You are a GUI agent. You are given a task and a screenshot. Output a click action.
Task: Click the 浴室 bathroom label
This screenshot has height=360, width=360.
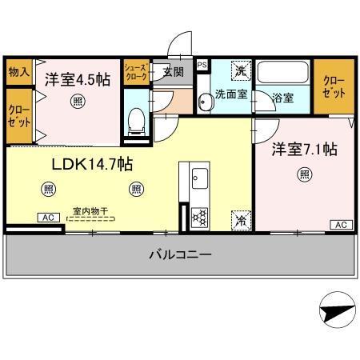pos(282,98)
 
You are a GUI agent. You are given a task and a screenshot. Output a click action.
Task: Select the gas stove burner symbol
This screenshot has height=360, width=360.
pos(199,217)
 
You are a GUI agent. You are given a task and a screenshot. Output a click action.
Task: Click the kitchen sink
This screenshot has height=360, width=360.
pos(199,178)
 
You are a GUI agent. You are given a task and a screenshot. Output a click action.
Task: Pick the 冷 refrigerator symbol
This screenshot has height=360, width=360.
pos(239,217)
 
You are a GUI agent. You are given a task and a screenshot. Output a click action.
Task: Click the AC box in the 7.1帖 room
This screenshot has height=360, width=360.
pos(339,224)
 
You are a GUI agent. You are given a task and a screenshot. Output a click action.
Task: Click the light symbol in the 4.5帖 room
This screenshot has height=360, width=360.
pos(76,101)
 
